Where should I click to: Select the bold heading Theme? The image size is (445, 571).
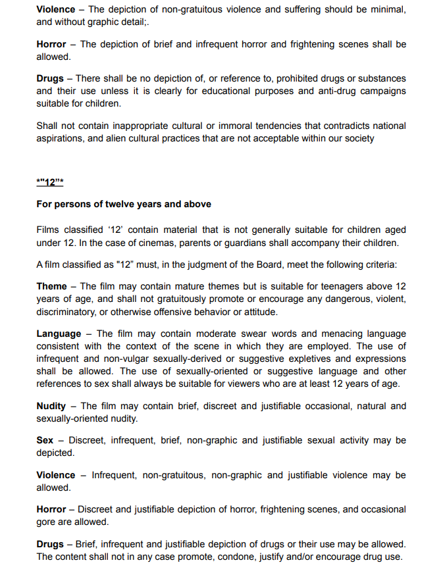click(51, 286)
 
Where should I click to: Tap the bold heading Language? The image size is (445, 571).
click(59, 334)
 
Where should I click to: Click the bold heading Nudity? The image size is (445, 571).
click(51, 406)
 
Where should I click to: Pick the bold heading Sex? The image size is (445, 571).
click(45, 440)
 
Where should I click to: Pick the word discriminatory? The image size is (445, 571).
click(68, 311)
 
